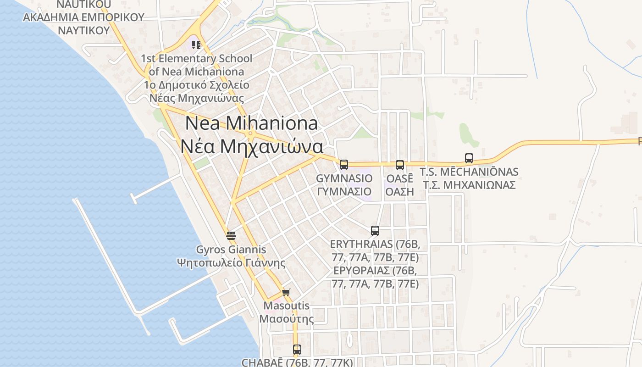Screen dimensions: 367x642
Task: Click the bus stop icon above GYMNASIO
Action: coord(344,165)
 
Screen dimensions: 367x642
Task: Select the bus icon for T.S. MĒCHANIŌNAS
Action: coord(469,158)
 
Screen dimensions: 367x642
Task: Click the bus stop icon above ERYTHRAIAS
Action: coord(375,231)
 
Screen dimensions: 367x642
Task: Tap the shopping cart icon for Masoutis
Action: coord(286,292)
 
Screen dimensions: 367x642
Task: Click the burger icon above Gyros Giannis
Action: coord(231,236)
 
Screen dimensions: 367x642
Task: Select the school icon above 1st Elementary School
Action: coord(196,45)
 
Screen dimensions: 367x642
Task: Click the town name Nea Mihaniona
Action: coord(252,123)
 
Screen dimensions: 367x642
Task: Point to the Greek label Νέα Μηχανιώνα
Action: coord(252,146)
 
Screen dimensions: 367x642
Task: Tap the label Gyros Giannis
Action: coord(231,250)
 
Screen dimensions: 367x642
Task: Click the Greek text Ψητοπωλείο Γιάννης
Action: coord(231,263)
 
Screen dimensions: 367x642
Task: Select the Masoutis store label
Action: coord(287,306)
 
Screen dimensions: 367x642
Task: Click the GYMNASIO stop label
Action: coord(344,178)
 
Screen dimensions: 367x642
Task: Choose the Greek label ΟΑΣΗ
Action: coord(399,191)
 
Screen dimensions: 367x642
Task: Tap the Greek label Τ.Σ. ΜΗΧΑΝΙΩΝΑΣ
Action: coord(469,185)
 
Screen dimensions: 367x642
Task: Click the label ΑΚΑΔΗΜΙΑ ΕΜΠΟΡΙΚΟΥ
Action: coord(83,17)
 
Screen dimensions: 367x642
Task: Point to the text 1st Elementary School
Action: coord(196,59)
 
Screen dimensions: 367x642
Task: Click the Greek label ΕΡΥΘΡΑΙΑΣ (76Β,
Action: coord(375,270)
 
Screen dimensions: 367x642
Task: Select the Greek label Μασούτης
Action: coord(287,319)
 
